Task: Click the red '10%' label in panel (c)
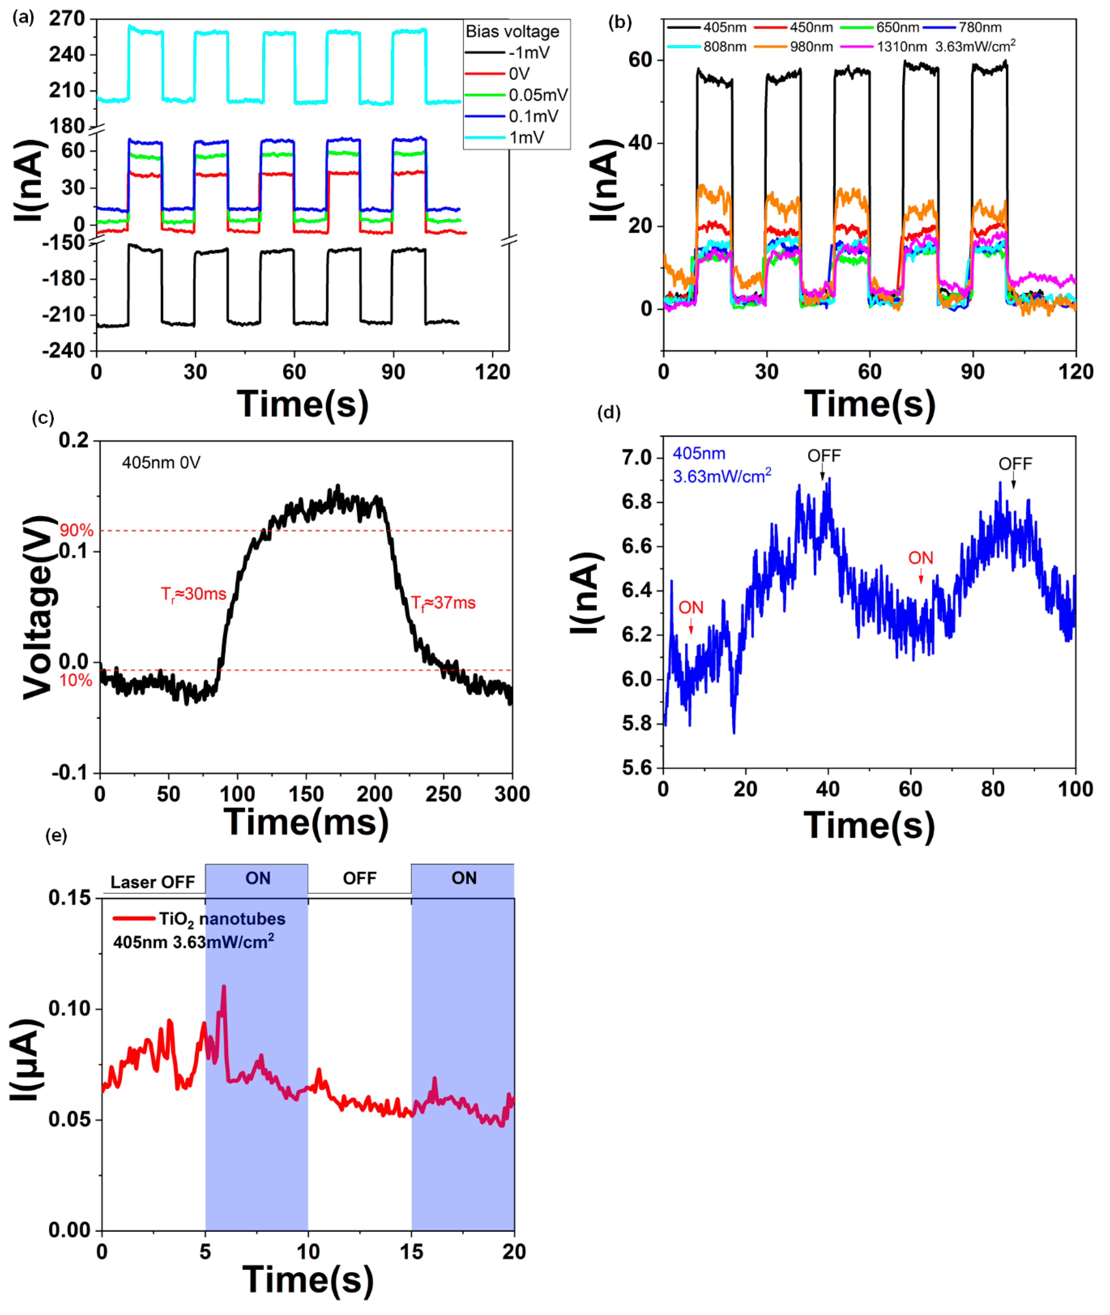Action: click(x=76, y=680)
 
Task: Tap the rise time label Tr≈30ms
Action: click(x=193, y=594)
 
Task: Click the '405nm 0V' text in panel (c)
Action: click(x=161, y=463)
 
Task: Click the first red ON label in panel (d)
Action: click(x=690, y=608)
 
